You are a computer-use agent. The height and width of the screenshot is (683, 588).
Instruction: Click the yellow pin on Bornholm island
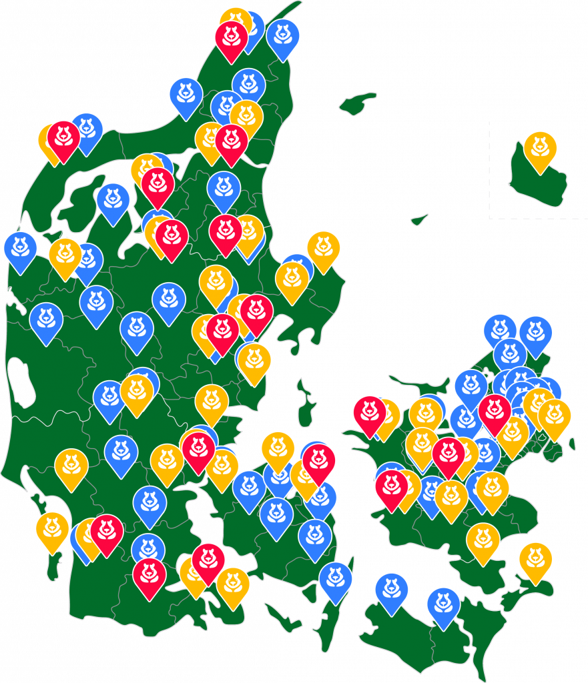(540, 147)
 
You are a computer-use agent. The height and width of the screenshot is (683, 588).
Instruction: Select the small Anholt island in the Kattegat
(419, 219)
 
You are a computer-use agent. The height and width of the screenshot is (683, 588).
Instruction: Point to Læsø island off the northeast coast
(357, 103)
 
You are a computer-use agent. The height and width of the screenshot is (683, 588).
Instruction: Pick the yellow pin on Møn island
(535, 559)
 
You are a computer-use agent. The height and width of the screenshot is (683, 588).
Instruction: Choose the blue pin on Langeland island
(335, 578)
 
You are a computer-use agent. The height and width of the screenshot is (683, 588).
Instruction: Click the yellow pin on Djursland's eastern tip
(323, 247)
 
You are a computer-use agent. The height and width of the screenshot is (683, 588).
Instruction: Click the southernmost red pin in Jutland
(149, 574)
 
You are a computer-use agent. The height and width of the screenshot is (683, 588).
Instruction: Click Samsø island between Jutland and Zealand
(305, 404)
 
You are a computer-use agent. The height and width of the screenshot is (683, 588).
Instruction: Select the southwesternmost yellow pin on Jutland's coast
(52, 528)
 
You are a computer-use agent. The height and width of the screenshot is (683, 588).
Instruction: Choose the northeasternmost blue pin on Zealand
(535, 332)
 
